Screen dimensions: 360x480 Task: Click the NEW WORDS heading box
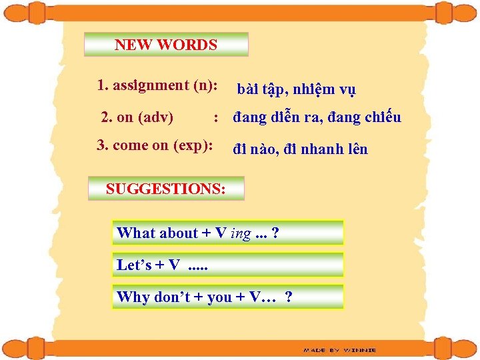(166, 45)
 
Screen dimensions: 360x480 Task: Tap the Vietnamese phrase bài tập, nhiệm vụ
(296, 89)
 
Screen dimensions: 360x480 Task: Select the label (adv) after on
(155, 118)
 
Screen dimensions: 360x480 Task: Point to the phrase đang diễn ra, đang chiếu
(317, 118)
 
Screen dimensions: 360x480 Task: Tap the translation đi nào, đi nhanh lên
(300, 149)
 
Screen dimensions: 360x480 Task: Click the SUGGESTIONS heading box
(166, 189)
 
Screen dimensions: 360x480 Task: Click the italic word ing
(241, 234)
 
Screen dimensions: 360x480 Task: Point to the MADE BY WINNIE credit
(339, 349)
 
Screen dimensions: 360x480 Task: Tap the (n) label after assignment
(201, 85)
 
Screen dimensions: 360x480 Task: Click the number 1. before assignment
(103, 85)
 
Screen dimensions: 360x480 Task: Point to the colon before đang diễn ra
(216, 119)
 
